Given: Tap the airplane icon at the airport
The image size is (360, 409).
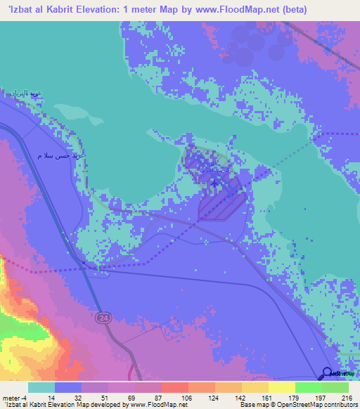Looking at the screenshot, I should [x=214, y=182].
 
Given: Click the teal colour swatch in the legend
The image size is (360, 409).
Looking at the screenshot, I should [x=41, y=387].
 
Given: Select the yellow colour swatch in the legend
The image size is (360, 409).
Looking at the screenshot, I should [x=281, y=387].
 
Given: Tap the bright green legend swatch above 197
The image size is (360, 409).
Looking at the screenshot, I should [x=308, y=387].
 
